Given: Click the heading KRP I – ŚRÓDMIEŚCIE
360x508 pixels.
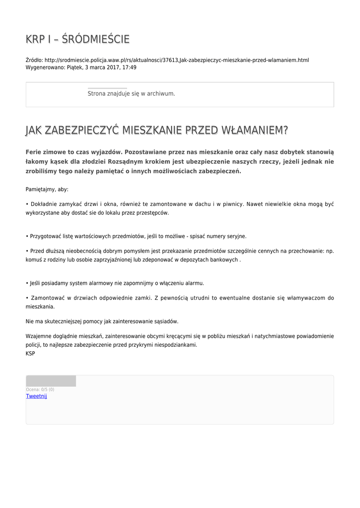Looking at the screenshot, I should pyautogui.click(x=77, y=39).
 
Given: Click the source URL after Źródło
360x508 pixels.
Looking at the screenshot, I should pyautogui.click(x=176, y=60).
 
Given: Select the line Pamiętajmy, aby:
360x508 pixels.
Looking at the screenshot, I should pyautogui.click(x=47, y=189).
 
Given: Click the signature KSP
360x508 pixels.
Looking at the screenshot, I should pyautogui.click(x=30, y=354).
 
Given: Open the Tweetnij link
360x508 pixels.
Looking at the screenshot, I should pyautogui.click(x=36, y=396).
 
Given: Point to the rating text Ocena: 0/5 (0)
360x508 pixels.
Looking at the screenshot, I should pyautogui.click(x=40, y=389).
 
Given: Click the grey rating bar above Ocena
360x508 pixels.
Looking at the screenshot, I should pyautogui.click(x=51, y=381).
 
